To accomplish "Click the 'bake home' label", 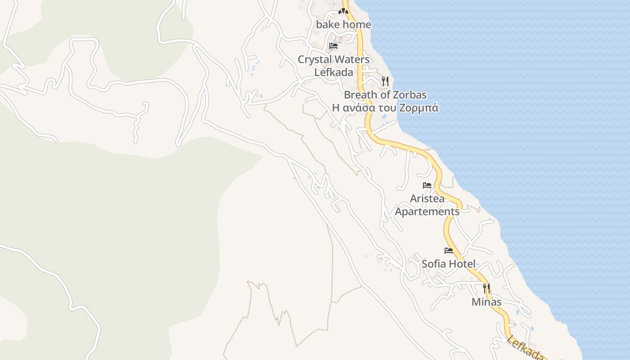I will click(344, 25).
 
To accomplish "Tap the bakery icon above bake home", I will click(344, 10).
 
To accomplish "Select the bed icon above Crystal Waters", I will click(333, 46).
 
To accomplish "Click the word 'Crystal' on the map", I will click(315, 59).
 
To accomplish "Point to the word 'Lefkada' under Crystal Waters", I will click(333, 72).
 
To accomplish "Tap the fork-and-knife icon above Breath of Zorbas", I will click(385, 81).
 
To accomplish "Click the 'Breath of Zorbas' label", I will click(385, 95).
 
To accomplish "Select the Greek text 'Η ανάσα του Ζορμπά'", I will click(385, 108).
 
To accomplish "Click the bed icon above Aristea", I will click(427, 185).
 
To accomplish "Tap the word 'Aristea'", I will click(427, 198).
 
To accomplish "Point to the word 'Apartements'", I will click(427, 211).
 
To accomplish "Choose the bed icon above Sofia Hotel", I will click(449, 250).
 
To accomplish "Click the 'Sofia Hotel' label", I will click(449, 264).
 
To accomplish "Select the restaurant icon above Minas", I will click(486, 288).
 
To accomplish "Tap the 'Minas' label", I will click(486, 302).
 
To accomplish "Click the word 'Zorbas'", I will click(409, 95).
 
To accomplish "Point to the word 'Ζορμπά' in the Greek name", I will click(418, 108).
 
